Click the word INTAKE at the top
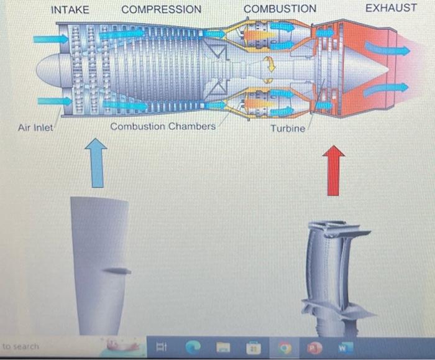pos(70,9)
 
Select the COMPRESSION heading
pos(162,9)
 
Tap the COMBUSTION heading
pos(280,9)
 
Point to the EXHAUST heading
pos(391,8)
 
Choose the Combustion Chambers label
pos(163,126)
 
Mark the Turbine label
pos(288,128)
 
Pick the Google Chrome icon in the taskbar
pos(285,346)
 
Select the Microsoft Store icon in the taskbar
pos(254,346)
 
